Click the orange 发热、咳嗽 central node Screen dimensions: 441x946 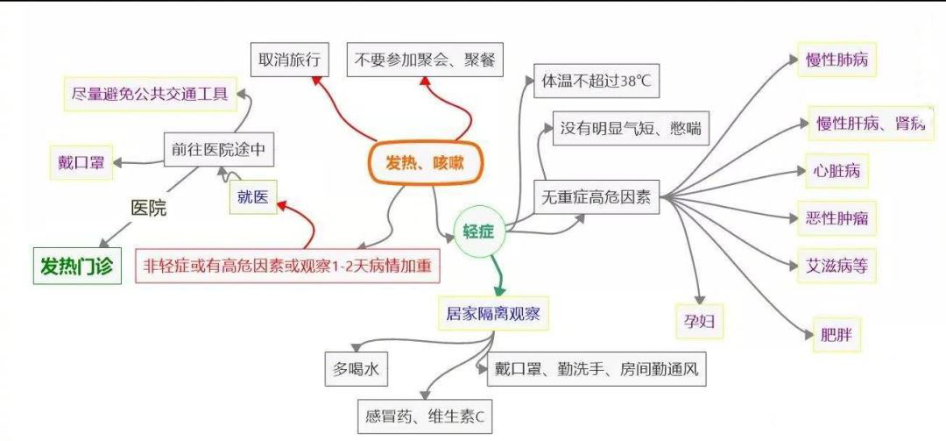[423, 162]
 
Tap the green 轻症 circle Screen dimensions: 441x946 [479, 232]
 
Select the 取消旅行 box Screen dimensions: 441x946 [288, 60]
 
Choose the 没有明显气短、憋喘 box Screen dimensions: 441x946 [629, 129]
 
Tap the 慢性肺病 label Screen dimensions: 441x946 [837, 60]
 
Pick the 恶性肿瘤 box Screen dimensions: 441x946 [837, 217]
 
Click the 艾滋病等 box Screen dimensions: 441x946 [837, 265]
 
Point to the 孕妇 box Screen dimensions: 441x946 [699, 321]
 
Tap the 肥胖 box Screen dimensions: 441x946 [836, 335]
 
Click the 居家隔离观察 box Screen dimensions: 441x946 [493, 313]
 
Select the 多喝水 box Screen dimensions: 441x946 [355, 369]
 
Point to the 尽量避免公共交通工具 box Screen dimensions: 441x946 [151, 94]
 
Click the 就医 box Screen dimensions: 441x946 [252, 196]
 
